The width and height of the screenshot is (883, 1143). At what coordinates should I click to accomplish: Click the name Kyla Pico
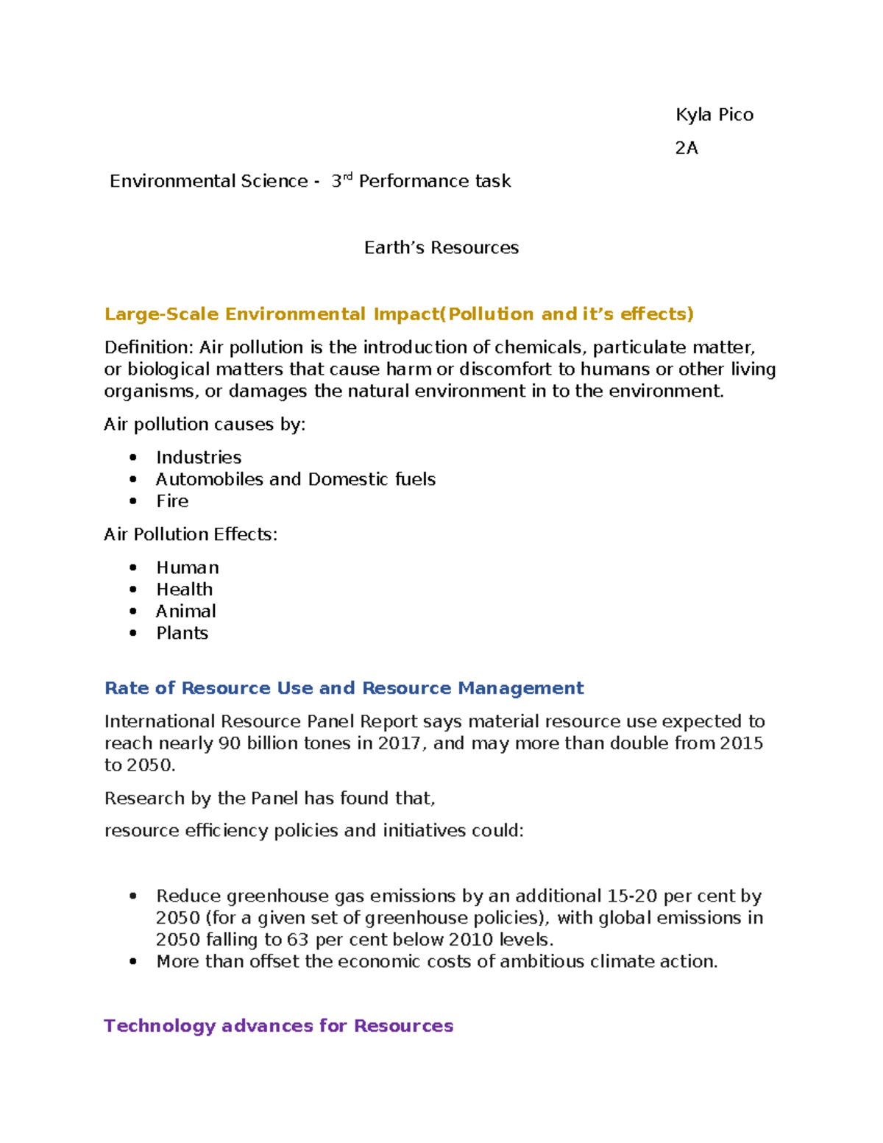pyautogui.click(x=714, y=115)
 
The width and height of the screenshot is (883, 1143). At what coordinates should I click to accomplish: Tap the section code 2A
pyautogui.click(x=686, y=148)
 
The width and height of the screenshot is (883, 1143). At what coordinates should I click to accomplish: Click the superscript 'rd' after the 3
pyautogui.click(x=348, y=177)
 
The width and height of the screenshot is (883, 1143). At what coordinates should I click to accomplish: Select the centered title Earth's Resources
pyautogui.click(x=441, y=248)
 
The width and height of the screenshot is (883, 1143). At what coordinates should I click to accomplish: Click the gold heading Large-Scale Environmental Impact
pyautogui.click(x=398, y=314)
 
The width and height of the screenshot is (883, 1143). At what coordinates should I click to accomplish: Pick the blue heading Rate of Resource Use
pyautogui.click(x=344, y=688)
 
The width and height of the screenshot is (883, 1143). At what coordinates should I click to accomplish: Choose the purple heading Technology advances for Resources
pyautogui.click(x=278, y=1026)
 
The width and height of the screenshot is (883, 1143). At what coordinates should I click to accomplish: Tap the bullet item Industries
pyautogui.click(x=199, y=458)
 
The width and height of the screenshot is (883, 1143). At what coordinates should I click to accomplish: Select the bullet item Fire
pyautogui.click(x=172, y=501)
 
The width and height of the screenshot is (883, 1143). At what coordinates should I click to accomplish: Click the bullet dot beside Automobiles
pyautogui.click(x=133, y=479)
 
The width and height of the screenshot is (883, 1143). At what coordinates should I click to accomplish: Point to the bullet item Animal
pyautogui.click(x=185, y=612)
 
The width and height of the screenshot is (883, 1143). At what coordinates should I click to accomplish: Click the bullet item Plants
pyautogui.click(x=182, y=633)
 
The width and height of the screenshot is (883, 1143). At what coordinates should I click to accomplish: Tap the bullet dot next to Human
pyautogui.click(x=133, y=567)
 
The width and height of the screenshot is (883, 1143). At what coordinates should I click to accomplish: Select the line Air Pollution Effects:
pyautogui.click(x=191, y=534)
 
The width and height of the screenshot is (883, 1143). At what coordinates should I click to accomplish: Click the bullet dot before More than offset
pyautogui.click(x=133, y=961)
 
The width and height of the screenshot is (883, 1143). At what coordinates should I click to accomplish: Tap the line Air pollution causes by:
pyautogui.click(x=205, y=425)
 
